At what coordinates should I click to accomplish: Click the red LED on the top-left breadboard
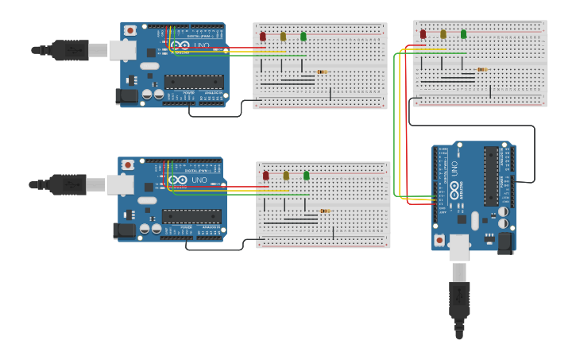(263, 36)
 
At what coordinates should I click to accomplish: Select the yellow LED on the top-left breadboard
(283, 36)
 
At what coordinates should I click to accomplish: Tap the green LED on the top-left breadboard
(303, 36)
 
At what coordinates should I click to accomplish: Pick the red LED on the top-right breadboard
(423, 34)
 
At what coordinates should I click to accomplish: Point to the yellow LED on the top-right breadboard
(443, 34)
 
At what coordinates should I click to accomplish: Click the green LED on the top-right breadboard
(464, 34)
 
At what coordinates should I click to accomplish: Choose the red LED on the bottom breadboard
(266, 176)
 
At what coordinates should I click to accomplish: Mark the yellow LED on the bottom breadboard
(286, 176)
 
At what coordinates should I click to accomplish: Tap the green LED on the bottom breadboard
(307, 176)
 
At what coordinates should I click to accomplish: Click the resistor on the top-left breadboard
(322, 72)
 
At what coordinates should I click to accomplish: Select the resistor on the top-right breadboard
(481, 69)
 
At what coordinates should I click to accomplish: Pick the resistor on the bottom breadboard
(324, 211)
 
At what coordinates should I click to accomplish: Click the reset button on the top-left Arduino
(130, 30)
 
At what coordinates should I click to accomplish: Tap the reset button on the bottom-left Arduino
(127, 165)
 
